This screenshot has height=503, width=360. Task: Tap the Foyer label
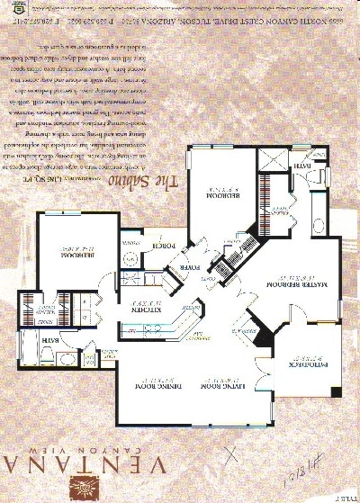(191, 267)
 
